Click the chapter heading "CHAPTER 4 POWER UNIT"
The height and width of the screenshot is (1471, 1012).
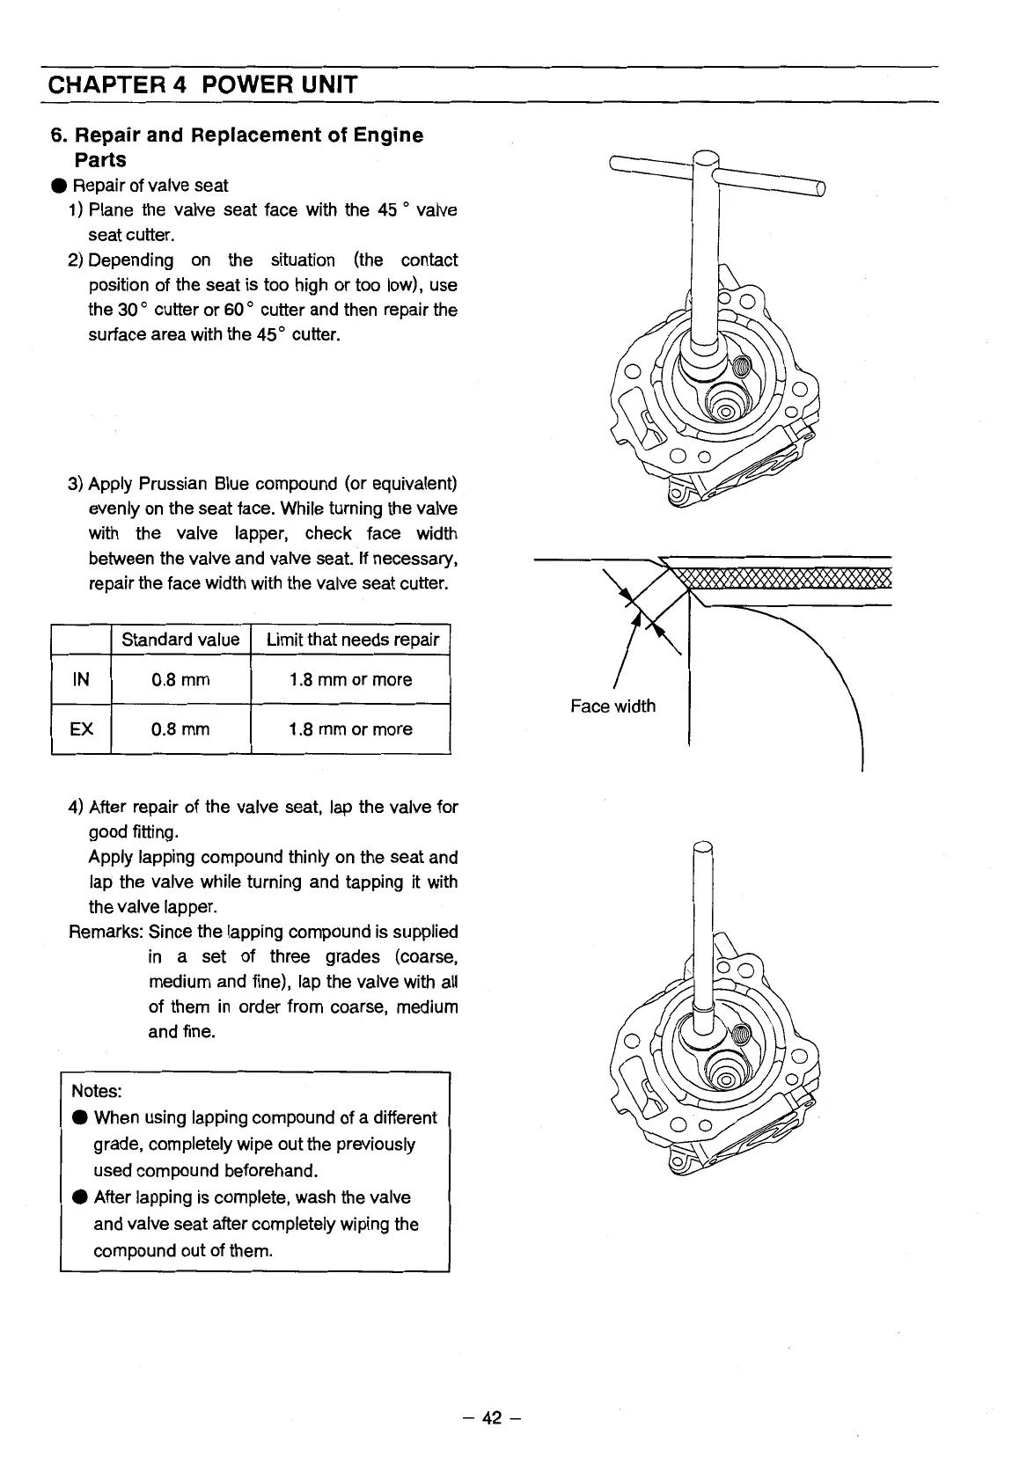202,85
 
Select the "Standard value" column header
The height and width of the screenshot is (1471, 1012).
180,640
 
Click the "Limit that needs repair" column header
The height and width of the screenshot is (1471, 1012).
351,640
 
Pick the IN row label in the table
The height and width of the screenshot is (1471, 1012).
81,679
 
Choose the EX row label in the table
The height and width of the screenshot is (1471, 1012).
81,728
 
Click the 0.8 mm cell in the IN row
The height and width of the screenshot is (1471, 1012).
180,679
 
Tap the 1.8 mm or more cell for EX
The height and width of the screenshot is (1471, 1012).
350,728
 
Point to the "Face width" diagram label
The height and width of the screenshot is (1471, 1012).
612,706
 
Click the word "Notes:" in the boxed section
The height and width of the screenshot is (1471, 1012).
96,1091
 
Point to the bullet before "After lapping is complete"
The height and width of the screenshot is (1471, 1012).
79,1197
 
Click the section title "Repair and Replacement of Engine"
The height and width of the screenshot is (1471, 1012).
248,135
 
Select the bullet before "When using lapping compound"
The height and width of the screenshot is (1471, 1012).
79,1118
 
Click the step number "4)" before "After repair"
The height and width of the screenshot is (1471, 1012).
77,808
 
